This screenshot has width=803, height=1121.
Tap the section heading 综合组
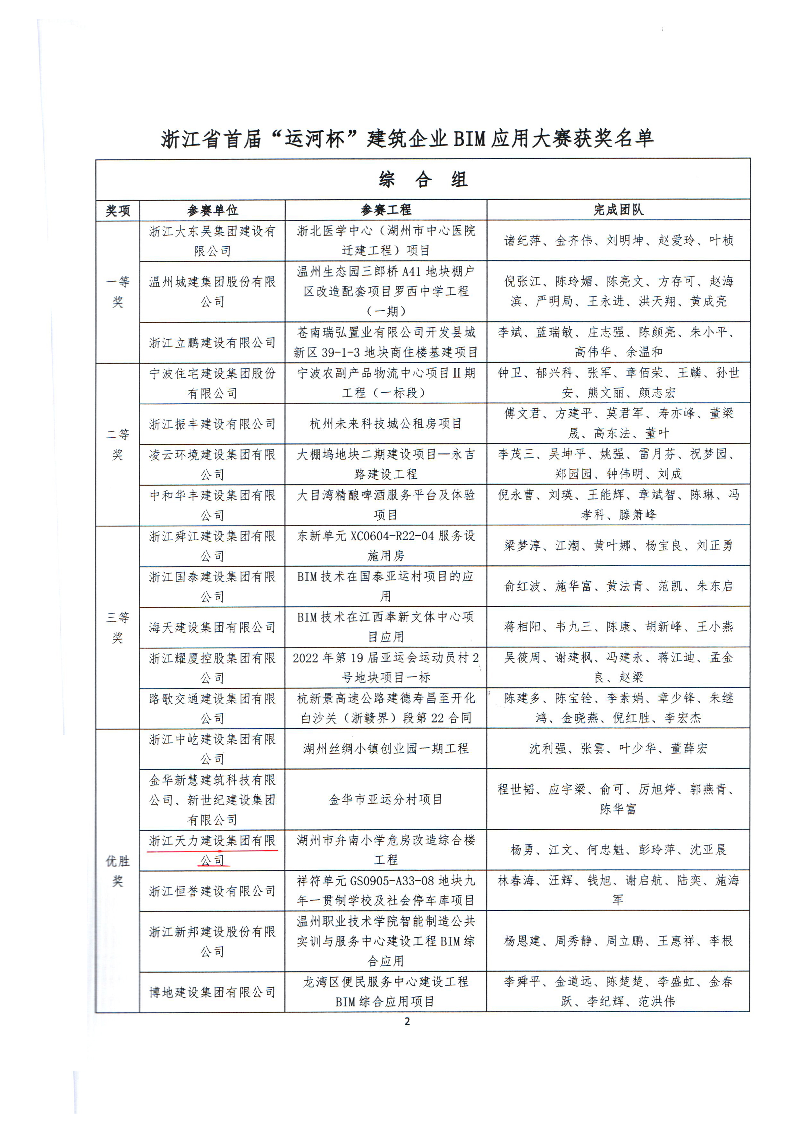(422, 179)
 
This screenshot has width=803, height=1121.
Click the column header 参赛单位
(213, 210)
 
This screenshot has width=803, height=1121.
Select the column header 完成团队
(618, 210)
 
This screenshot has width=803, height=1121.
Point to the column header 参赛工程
(385, 210)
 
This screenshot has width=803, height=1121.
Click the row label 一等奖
(118, 292)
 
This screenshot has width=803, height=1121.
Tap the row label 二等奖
(118, 444)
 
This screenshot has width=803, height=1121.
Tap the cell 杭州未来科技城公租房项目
(385, 424)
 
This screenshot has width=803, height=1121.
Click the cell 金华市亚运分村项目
(385, 799)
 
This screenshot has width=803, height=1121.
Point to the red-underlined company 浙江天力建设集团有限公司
(213, 850)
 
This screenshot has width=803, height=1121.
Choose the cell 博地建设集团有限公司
(213, 991)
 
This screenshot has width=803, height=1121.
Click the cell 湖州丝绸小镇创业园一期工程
(385, 748)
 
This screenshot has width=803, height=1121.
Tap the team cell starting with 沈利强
(618, 748)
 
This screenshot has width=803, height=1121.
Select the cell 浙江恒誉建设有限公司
(213, 891)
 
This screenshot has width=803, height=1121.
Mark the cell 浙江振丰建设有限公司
(213, 424)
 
